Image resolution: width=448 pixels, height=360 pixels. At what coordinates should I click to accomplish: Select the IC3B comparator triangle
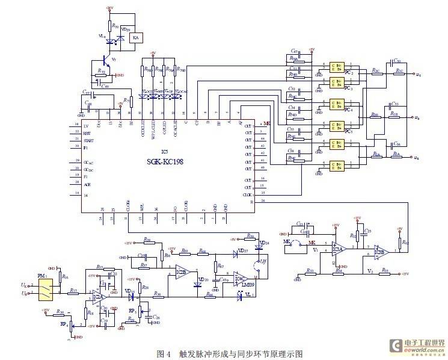[379, 249]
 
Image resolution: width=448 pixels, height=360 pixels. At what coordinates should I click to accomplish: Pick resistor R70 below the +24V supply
[111, 26]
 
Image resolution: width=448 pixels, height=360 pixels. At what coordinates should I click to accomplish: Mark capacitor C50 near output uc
[397, 61]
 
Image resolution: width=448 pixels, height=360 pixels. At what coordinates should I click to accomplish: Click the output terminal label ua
[418, 158]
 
